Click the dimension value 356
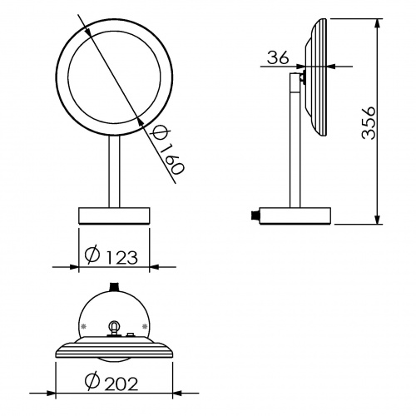(369, 122)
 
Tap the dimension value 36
(278, 57)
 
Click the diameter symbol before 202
(92, 381)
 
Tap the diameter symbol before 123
(92, 255)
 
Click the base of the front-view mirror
(114, 215)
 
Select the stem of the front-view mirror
(114, 171)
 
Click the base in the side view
(295, 215)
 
